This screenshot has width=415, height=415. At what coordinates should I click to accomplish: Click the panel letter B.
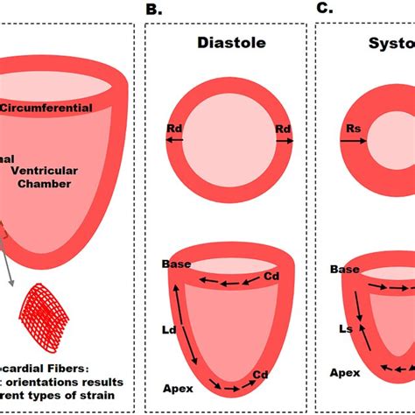pos(153,9)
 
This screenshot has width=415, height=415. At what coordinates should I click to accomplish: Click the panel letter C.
pos(325,9)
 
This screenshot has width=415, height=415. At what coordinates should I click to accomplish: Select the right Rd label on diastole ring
pos(283,130)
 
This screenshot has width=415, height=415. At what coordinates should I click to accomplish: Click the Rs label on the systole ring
pos(352,130)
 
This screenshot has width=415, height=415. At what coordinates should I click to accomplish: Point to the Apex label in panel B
pos(178,386)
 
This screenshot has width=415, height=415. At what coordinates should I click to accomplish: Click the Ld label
pos(170,330)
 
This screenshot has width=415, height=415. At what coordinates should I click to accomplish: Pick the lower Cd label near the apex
pos(260,375)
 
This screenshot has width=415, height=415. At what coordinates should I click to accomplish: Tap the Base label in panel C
pos(345,271)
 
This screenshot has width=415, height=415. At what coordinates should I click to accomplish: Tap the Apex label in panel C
pos(345,371)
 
